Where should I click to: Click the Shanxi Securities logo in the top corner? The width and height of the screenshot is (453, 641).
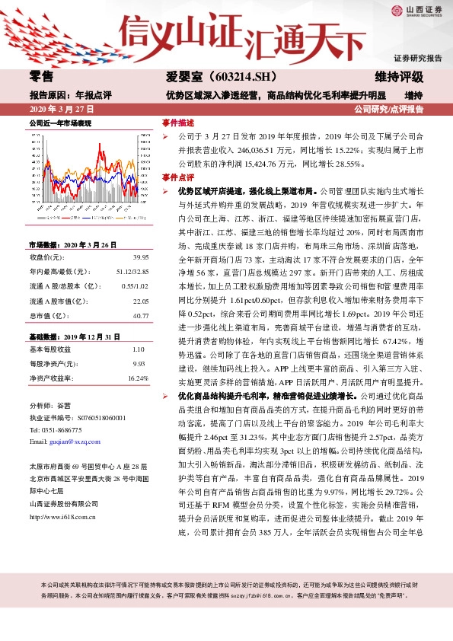coord(416,11)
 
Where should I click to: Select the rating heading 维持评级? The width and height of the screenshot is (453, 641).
coord(399,78)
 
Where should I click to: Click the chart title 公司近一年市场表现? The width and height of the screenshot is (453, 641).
coord(60,123)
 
